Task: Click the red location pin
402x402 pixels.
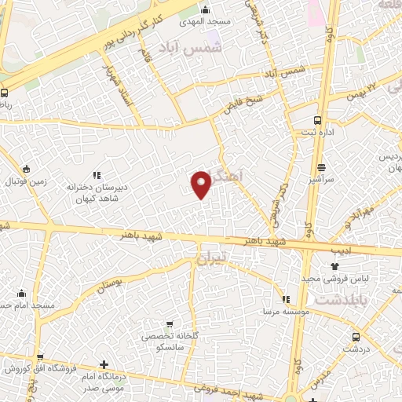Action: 202,184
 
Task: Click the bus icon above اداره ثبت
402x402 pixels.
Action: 317,120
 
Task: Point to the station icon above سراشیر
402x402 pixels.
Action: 321,167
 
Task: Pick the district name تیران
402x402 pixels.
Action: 210,256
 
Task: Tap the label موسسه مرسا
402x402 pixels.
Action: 285,310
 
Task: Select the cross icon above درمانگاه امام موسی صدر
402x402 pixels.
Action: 104,364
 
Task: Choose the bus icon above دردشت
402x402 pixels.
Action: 356,336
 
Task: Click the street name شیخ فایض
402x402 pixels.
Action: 243,102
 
